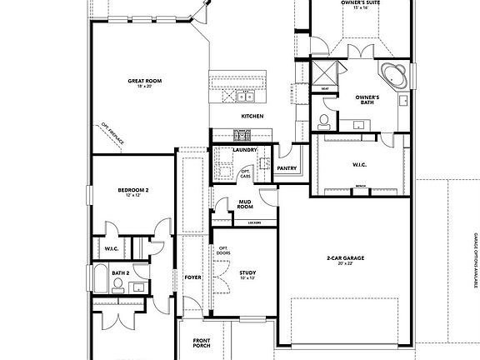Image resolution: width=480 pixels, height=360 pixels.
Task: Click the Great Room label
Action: tap(144, 82)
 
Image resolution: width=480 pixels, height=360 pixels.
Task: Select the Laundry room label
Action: tap(244, 150)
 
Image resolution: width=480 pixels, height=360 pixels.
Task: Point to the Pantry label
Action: tap(287, 168)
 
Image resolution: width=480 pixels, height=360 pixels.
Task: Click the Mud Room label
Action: tap(245, 205)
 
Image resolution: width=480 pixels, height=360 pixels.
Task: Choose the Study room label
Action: tap(247, 274)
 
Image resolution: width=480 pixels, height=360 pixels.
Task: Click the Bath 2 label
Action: tap(121, 272)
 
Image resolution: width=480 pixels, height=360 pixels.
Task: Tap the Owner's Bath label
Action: tap(367, 99)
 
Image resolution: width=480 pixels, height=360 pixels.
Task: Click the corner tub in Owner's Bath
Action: tap(393, 76)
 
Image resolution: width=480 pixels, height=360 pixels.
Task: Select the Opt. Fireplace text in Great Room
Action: tap(112, 133)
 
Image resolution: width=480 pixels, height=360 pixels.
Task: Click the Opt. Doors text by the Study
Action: tap(223, 251)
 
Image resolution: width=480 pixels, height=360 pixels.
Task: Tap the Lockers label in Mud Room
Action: tap(255, 223)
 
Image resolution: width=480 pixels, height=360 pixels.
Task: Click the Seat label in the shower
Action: tap(324, 88)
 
